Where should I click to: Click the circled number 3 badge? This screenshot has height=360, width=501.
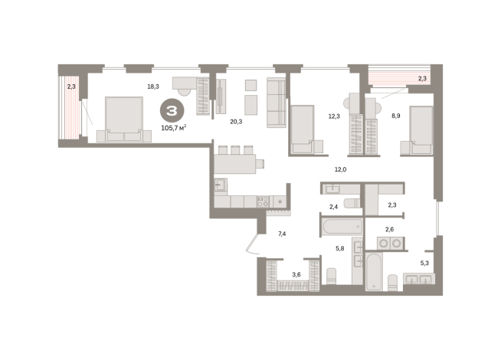[172, 110]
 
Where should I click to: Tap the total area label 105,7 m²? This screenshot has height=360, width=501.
[173, 128]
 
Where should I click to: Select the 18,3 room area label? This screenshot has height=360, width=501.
[153, 87]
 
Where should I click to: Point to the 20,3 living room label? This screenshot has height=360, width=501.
[236, 121]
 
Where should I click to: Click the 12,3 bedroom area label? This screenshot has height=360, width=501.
[334, 116]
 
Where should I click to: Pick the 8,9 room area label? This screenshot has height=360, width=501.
[396, 116]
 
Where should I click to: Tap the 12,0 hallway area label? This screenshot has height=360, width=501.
[340, 169]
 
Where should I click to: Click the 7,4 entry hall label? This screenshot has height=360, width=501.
[282, 234]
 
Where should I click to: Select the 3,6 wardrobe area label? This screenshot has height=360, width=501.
[296, 274]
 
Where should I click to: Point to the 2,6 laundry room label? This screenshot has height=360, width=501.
[389, 229]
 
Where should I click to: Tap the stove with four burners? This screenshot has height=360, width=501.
[263, 202]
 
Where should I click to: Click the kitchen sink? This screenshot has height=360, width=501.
[221, 185]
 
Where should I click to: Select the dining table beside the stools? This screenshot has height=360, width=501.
[235, 164]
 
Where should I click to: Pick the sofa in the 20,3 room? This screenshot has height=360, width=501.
[277, 103]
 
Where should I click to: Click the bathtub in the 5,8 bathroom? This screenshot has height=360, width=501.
[342, 227]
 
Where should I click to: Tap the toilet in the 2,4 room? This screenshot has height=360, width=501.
[352, 203]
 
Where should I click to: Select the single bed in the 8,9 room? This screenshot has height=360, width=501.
[421, 130]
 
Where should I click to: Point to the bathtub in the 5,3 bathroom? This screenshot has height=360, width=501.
[374, 272]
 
